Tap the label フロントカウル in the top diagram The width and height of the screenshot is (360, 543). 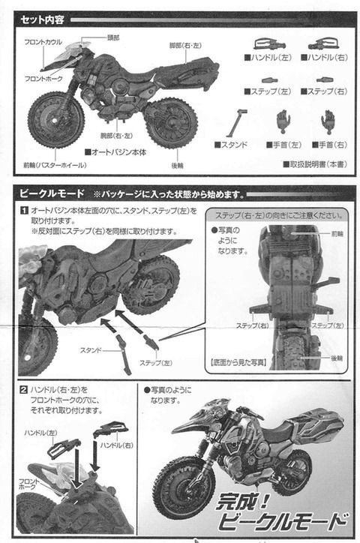coord(43,43)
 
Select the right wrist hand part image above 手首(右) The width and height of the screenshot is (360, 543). coord(327,120)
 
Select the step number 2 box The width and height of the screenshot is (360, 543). coord(24,390)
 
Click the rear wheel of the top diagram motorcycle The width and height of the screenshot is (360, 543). coord(172,122)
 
